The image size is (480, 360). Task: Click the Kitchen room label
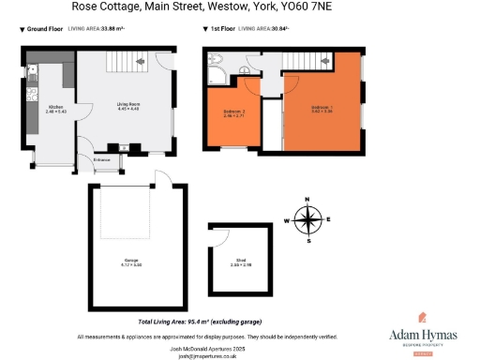click(56, 107)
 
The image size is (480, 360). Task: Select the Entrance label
click(100, 161)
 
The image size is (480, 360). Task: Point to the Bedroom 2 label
click(234, 112)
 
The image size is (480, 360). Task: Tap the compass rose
click(307, 219)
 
